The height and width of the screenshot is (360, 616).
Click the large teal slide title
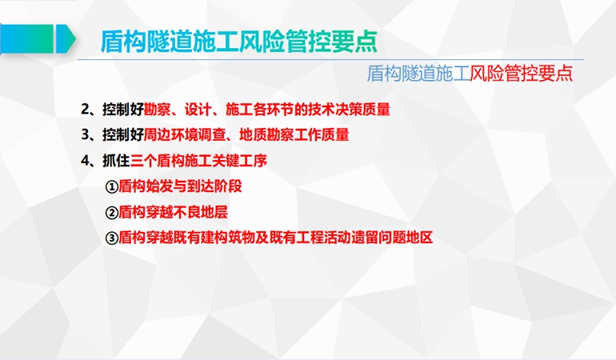tap(239, 41)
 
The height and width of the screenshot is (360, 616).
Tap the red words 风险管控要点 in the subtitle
tap(521, 73)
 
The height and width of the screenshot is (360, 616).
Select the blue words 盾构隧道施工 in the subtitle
tap(418, 73)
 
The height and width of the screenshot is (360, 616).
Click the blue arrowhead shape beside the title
tap(66, 39)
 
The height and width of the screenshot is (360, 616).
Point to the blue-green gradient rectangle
tap(26, 39)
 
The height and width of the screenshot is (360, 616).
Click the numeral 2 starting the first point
tap(86, 110)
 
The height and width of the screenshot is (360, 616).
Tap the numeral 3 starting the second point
tap(86, 135)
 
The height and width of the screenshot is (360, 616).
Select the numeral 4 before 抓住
tap(86, 161)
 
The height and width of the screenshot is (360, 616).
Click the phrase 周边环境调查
tap(185, 135)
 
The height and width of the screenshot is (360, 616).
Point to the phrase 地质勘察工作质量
tap(294, 135)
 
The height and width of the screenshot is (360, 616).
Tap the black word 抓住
tap(116, 161)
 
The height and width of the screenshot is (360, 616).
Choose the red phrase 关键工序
tap(240, 161)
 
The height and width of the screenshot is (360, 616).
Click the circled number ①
tap(111, 186)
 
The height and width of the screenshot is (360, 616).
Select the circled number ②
tap(111, 213)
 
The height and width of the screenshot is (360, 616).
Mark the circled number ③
tap(111, 238)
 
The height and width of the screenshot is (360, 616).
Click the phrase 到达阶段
tap(214, 186)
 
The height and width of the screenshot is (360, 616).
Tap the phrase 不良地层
tap(200, 212)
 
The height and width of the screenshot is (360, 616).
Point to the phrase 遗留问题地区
tap(392, 238)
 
